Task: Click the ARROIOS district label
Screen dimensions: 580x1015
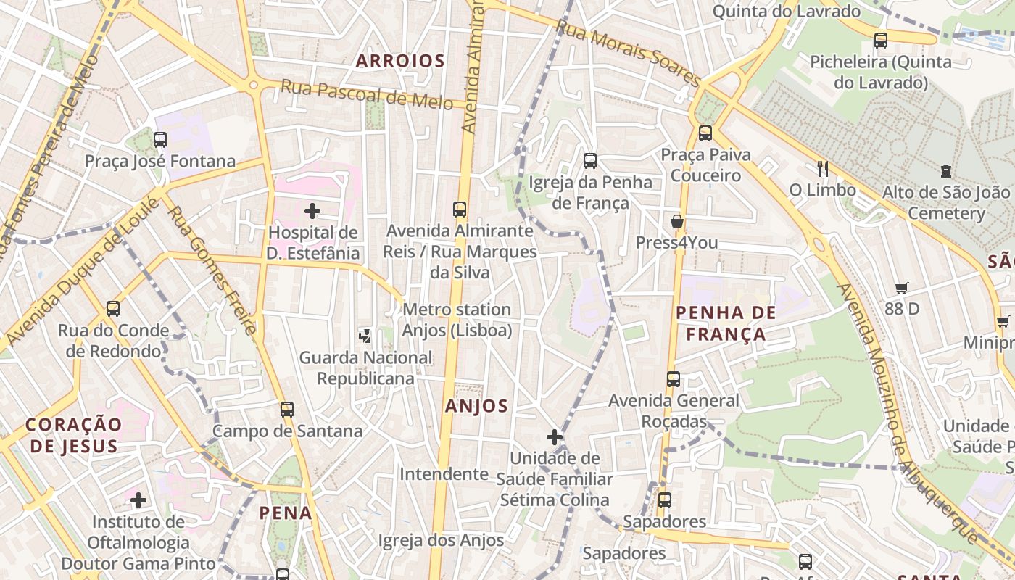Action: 399,61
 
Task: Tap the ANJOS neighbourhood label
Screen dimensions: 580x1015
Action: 476,406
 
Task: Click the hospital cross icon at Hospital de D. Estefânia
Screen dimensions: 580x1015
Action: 312,211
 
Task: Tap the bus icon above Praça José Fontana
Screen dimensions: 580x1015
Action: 160,139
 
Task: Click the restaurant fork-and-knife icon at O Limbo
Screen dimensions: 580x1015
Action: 822,168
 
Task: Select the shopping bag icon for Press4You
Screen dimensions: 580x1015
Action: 677,221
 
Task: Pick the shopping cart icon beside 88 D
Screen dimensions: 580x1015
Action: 901,288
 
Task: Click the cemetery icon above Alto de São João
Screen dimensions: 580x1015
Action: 945,171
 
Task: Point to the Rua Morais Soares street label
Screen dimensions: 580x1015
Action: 628,53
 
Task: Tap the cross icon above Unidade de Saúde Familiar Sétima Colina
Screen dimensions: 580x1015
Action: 555,436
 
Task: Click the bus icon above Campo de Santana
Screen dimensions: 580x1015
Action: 287,409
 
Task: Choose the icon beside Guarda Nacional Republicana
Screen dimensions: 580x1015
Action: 365,336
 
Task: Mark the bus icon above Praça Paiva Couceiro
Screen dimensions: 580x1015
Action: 705,133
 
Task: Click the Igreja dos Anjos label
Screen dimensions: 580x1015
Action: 441,540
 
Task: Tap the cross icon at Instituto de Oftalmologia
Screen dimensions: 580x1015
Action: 138,500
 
